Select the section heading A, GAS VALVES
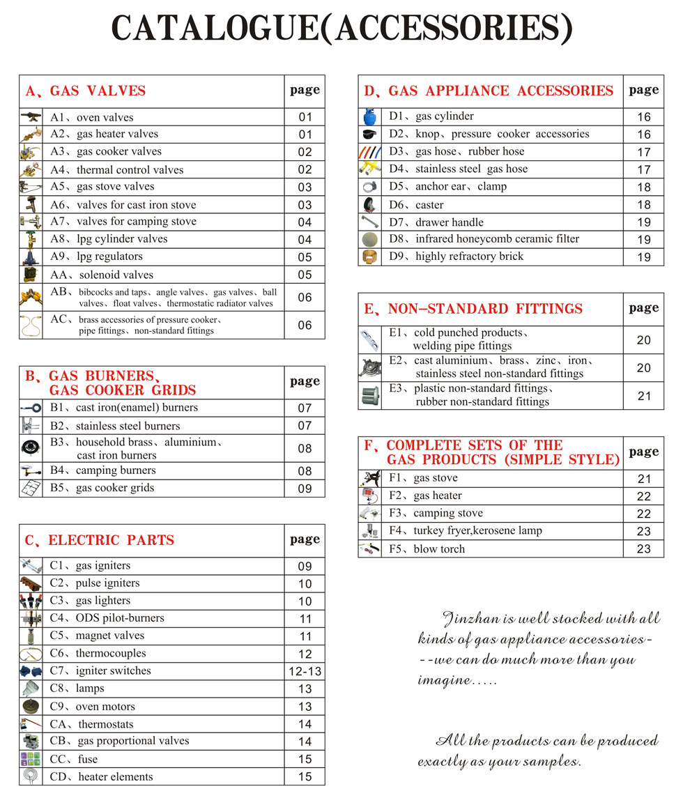pos(86,91)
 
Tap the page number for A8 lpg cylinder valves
pos(305,240)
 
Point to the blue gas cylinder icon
pos(369,116)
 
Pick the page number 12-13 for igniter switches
pos(305,672)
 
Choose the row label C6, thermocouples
pos(98,654)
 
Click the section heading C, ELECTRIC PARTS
pos(100,540)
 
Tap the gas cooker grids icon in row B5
pos(31,489)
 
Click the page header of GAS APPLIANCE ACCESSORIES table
pos(643,90)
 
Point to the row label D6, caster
pos(416,205)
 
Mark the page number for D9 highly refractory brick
pos(643,257)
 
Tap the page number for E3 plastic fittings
pos(643,396)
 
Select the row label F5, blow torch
pos(427,549)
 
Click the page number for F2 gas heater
pos(643,496)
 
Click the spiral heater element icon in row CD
pos(31,776)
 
